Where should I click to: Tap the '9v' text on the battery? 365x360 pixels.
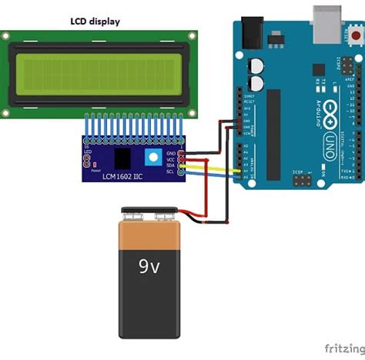click(x=150, y=267)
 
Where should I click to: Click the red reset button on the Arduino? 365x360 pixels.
click(x=355, y=35)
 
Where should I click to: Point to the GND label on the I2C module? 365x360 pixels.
click(x=171, y=153)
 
